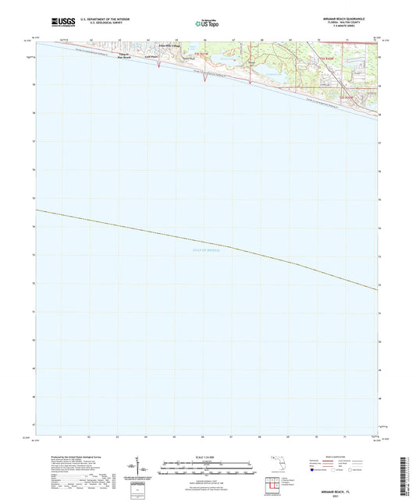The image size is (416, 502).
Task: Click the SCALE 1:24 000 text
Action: [x=208, y=458]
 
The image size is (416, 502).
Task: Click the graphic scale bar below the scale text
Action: [x=208, y=466]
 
